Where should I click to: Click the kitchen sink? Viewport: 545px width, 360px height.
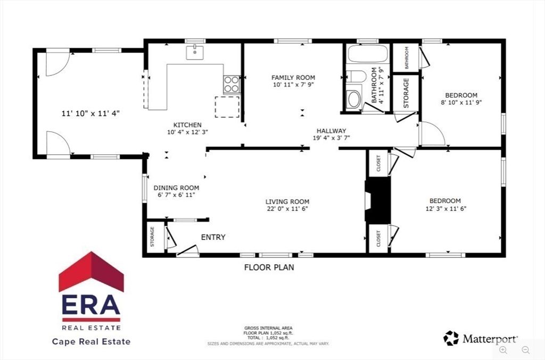tap(194, 52)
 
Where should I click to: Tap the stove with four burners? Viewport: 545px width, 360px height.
tap(231, 84)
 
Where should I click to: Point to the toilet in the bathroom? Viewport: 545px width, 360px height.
tap(353, 98)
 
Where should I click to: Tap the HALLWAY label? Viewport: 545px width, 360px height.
tap(331, 131)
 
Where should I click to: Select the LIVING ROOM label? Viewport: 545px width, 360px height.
tap(287, 202)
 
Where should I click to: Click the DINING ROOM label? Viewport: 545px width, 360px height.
tap(176, 188)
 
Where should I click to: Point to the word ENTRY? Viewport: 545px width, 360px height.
tap(213, 237)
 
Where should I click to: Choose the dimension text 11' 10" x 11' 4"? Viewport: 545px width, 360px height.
tap(90, 113)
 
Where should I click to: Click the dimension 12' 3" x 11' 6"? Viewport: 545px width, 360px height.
tap(445, 208)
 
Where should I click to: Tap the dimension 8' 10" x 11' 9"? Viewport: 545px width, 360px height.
tap(461, 102)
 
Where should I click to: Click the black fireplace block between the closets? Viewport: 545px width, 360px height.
tap(377, 199)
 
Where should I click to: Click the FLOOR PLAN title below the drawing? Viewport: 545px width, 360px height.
tap(269, 267)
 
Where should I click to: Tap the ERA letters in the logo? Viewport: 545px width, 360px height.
tap(91, 305)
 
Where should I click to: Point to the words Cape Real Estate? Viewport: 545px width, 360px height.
tap(91, 341)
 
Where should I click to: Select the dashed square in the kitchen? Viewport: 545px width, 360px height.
tap(227, 106)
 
